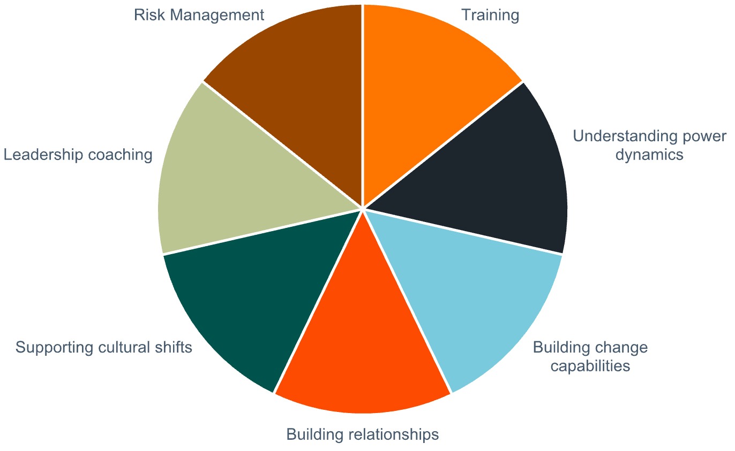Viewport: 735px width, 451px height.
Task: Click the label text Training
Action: (x=490, y=15)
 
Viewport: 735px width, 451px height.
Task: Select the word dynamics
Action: (x=649, y=155)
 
